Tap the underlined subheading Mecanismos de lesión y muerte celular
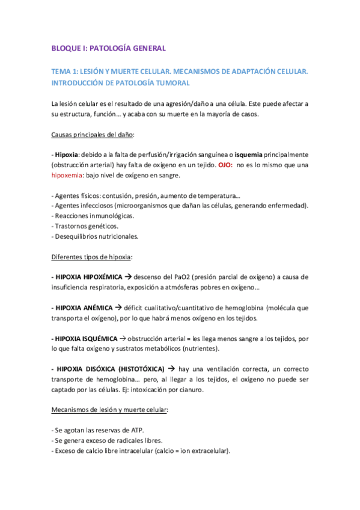click(109, 410)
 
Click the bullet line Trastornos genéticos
click(85, 226)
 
